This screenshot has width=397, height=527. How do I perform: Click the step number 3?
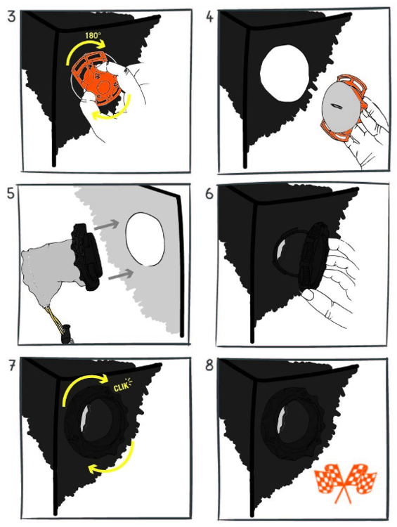pos(11,16)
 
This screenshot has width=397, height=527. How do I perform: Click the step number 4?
pos(209,17)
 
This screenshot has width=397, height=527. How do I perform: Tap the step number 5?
pos(11,193)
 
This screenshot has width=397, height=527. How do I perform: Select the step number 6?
pos(209,194)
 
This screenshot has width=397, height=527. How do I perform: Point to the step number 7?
pos(12,365)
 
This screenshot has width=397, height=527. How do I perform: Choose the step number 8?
pos(209,365)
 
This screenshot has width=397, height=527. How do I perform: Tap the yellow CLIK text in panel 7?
pos(123,386)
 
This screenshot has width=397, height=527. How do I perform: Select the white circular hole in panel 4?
pos(285,73)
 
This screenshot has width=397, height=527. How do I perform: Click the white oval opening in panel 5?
pos(145,240)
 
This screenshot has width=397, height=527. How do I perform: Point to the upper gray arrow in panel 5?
pos(107,225)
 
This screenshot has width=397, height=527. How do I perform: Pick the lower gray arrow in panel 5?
pos(122,274)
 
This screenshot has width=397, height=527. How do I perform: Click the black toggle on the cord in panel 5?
pos(67,333)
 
